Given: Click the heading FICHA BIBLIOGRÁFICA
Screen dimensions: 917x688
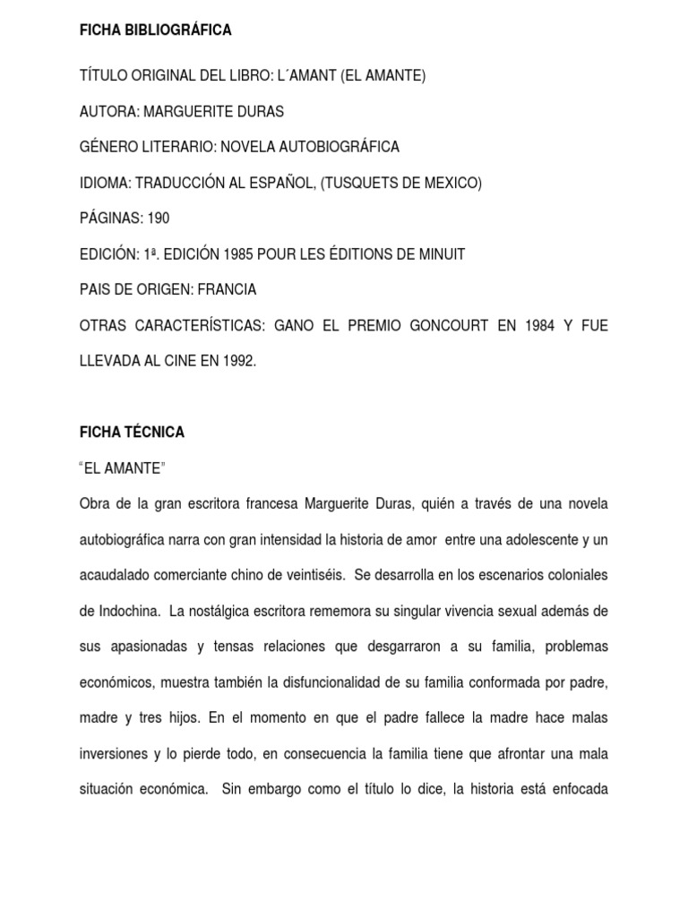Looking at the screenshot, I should coord(156,30).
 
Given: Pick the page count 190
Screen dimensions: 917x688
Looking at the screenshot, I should coord(157,219).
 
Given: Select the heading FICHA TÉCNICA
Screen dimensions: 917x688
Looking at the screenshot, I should coord(133,433).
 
